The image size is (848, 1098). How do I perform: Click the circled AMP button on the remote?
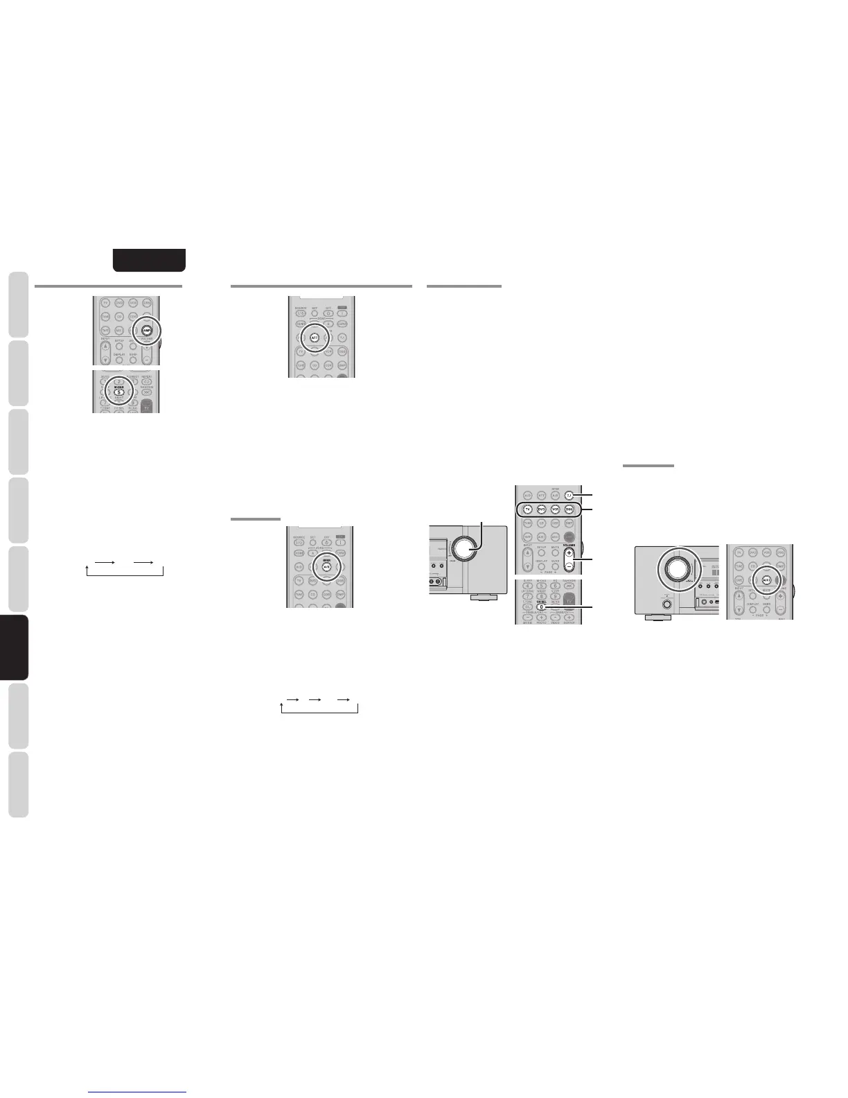point(147,331)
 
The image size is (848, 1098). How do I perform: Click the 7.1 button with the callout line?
point(568,495)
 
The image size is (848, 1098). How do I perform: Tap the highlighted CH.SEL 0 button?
point(541,607)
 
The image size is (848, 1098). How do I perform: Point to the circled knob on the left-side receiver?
point(673,568)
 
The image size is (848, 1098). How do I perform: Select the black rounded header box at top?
point(150,260)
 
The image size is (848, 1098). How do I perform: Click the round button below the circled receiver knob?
point(666,604)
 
